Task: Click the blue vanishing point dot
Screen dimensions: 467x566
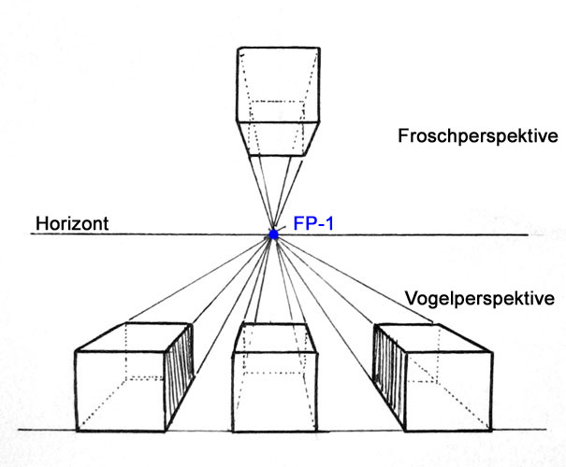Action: coord(273,234)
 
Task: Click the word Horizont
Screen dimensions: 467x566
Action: coord(74,224)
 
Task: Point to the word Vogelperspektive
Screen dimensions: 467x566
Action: coord(479,299)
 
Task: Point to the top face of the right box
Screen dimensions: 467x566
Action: coord(423,337)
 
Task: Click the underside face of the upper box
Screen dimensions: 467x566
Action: coord(277,137)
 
